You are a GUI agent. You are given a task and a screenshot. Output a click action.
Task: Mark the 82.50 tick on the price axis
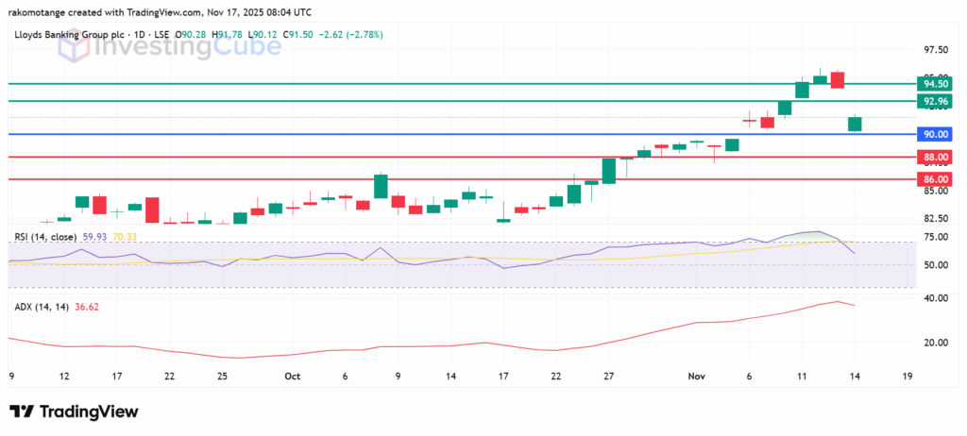pos(935,218)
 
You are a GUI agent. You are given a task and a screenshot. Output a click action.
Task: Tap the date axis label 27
pos(610,375)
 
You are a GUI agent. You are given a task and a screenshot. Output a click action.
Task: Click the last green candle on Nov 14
pos(855,124)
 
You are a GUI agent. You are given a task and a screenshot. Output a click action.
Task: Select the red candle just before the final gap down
pos(837,79)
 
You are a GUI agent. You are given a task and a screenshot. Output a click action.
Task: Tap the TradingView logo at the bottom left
pos(74,411)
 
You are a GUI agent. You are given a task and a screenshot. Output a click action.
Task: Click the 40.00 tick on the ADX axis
pos(935,298)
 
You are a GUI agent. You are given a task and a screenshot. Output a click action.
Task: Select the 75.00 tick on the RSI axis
pos(935,237)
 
